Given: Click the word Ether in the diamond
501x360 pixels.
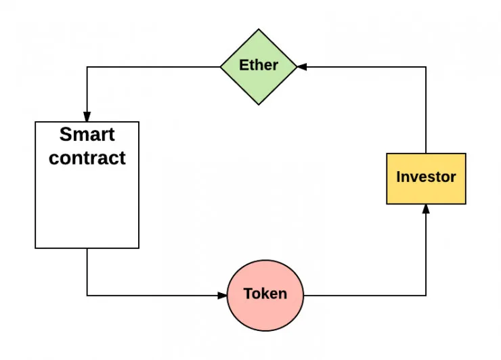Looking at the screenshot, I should tap(259, 66).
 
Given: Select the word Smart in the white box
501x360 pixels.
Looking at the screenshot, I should tap(87, 135).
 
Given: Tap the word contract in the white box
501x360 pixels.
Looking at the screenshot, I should tap(87, 158).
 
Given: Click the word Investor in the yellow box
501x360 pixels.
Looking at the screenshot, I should tap(426, 177).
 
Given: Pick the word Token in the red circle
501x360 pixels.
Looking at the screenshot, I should tap(265, 294).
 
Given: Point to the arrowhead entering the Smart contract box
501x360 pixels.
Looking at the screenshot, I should tap(87, 117).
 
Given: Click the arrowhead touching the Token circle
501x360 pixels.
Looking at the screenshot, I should tap(222, 295).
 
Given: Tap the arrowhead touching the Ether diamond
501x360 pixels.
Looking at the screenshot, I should tap(302, 66).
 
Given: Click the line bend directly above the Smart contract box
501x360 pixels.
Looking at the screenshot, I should tap(87, 66).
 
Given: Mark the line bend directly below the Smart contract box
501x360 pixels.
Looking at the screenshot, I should tap(87, 295).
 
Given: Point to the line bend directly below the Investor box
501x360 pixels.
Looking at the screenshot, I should tap(426, 295).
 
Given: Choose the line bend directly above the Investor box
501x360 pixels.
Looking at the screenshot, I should tap(426, 66).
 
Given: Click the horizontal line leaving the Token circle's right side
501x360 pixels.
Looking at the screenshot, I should tap(366, 295).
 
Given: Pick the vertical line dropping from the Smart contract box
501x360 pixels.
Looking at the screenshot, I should tap(87, 271).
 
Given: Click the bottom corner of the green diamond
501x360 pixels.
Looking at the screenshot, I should tap(259, 105).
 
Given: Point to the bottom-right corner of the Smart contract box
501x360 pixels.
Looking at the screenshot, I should tap(139, 248).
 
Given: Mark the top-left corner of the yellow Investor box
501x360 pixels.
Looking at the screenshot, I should tap(387, 154).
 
